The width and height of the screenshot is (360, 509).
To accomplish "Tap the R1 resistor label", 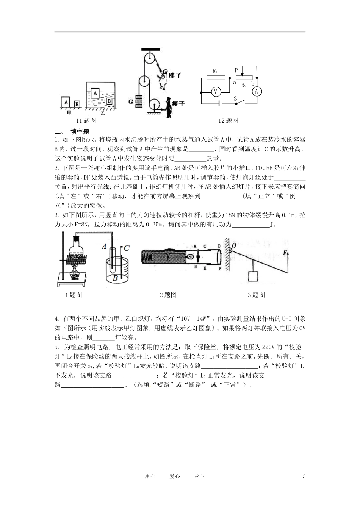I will tap(215, 71).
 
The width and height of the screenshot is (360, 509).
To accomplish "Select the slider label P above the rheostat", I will tap(236, 70).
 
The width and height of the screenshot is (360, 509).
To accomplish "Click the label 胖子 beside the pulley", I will tap(175, 76).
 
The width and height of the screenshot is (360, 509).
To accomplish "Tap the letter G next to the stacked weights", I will tap(130, 101).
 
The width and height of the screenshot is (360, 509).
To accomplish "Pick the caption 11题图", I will tap(86, 121).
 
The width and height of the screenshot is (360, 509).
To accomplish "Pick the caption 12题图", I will tap(228, 121).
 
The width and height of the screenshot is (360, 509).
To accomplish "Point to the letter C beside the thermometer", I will tap(127, 248).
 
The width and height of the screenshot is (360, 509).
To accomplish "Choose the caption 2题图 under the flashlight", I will tap(168, 295).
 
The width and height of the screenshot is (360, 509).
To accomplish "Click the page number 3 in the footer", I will tap(304, 476).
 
